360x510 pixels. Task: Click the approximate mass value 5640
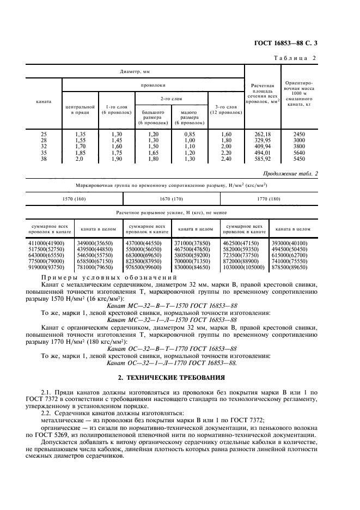click(x=299, y=154)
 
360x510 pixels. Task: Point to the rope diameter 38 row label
click(x=44, y=160)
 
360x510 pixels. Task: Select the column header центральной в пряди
click(x=80, y=110)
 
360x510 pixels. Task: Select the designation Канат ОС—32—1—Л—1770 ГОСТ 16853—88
click(x=173, y=362)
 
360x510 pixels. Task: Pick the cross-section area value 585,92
click(x=262, y=160)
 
